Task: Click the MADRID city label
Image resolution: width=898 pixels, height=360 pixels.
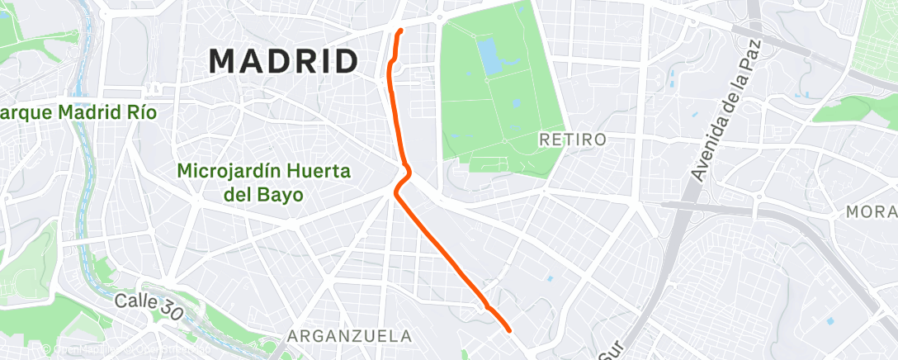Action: (283, 61)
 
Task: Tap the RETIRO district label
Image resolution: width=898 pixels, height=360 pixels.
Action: (573, 140)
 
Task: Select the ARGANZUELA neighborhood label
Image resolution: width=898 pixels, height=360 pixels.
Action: (350, 336)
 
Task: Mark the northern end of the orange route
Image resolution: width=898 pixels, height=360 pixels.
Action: (400, 31)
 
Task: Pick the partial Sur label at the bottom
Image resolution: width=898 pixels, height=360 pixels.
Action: (608, 352)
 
